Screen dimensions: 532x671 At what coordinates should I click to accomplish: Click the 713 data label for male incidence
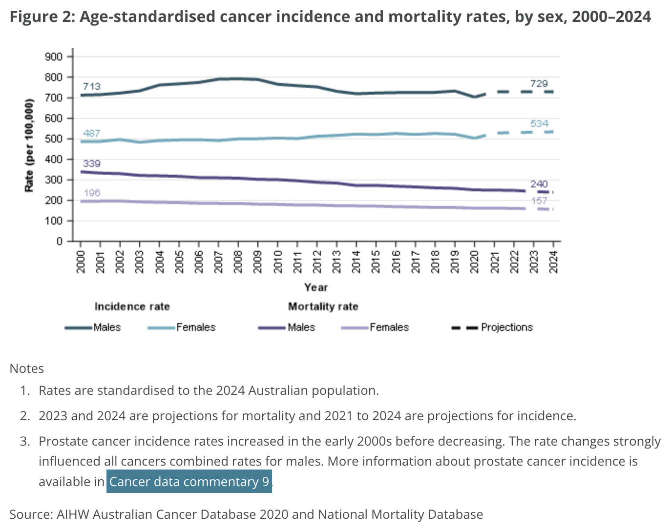(x=91, y=86)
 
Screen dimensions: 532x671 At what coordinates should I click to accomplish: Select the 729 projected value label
(x=539, y=83)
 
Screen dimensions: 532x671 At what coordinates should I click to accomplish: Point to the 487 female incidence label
(x=91, y=133)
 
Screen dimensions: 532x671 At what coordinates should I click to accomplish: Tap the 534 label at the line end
(x=539, y=123)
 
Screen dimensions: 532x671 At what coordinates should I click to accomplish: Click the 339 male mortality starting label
(x=91, y=164)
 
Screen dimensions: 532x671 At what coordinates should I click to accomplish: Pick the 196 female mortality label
(x=91, y=193)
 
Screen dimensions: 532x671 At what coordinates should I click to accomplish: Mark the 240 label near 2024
(x=539, y=184)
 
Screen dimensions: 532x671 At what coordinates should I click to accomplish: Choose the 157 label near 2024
(x=539, y=201)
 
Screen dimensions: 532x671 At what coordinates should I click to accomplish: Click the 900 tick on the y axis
(x=54, y=57)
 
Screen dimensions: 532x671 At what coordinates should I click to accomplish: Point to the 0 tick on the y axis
(x=60, y=241)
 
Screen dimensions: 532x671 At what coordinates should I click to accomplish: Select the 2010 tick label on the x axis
(x=278, y=261)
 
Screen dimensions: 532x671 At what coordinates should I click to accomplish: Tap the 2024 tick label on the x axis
(x=553, y=261)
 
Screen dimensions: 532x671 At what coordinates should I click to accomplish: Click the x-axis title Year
(x=315, y=287)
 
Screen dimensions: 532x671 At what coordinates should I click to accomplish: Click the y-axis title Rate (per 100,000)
(x=29, y=145)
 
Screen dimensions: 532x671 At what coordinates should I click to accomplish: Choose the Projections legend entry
(x=506, y=327)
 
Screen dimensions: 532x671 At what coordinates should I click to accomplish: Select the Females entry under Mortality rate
(x=389, y=327)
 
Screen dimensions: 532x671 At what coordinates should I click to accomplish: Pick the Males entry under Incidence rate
(x=107, y=327)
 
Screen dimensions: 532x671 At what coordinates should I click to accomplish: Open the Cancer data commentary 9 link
(x=189, y=482)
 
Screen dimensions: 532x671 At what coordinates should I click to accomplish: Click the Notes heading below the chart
(x=27, y=368)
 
